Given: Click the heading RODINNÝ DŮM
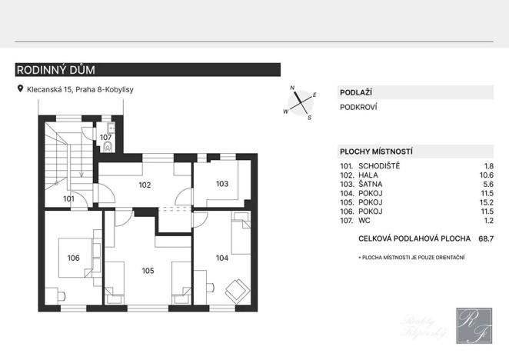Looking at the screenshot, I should [55, 70].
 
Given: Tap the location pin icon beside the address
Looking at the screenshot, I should [20, 89].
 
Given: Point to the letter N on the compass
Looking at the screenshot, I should [292, 89].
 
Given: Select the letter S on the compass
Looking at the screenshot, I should [309, 118].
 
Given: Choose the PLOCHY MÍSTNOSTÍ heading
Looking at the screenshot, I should [377, 152].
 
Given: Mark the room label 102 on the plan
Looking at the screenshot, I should [145, 185].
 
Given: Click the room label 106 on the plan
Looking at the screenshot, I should [74, 258].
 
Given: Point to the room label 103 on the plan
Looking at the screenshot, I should [222, 184].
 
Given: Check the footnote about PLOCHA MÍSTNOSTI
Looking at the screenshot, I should [412, 256].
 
